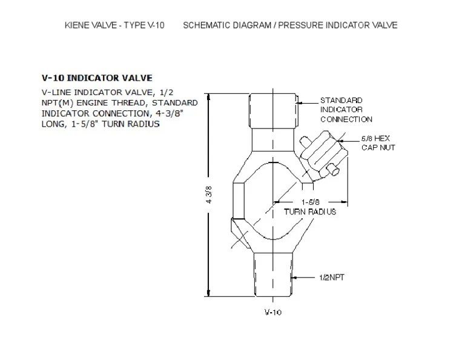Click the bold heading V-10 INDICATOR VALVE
point(96,78)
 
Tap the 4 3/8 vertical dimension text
point(209,196)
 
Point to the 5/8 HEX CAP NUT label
point(378,143)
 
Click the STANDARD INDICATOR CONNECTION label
point(346,110)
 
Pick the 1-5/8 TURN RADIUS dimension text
point(310,207)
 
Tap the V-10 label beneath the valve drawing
point(273,312)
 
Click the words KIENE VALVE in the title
point(88,25)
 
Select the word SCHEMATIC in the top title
point(206,25)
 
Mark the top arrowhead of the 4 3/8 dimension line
point(208,100)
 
